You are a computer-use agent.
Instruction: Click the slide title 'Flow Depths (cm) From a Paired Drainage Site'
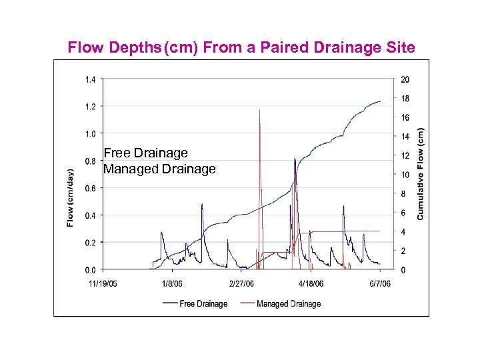pyautogui.click(x=242, y=47)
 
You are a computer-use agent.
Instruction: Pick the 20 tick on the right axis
pyautogui.click(x=405, y=79)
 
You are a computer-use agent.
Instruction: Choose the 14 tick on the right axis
pyautogui.click(x=405, y=137)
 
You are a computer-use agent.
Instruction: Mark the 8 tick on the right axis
pyautogui.click(x=403, y=194)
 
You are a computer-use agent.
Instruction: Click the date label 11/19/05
pyautogui.click(x=103, y=283)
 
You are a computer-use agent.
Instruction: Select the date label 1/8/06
pyautogui.click(x=173, y=283)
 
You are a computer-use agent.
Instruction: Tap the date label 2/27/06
pyautogui.click(x=241, y=283)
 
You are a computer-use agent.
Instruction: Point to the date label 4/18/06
pyautogui.click(x=311, y=283)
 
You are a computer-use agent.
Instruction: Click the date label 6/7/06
pyautogui.click(x=379, y=283)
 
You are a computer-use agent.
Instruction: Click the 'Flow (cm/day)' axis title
pyautogui.click(x=70, y=197)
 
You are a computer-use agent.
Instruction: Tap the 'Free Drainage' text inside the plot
pyautogui.click(x=146, y=153)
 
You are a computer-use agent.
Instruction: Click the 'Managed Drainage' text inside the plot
pyautogui.click(x=159, y=169)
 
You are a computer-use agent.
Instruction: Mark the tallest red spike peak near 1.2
pyautogui.click(x=259, y=110)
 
